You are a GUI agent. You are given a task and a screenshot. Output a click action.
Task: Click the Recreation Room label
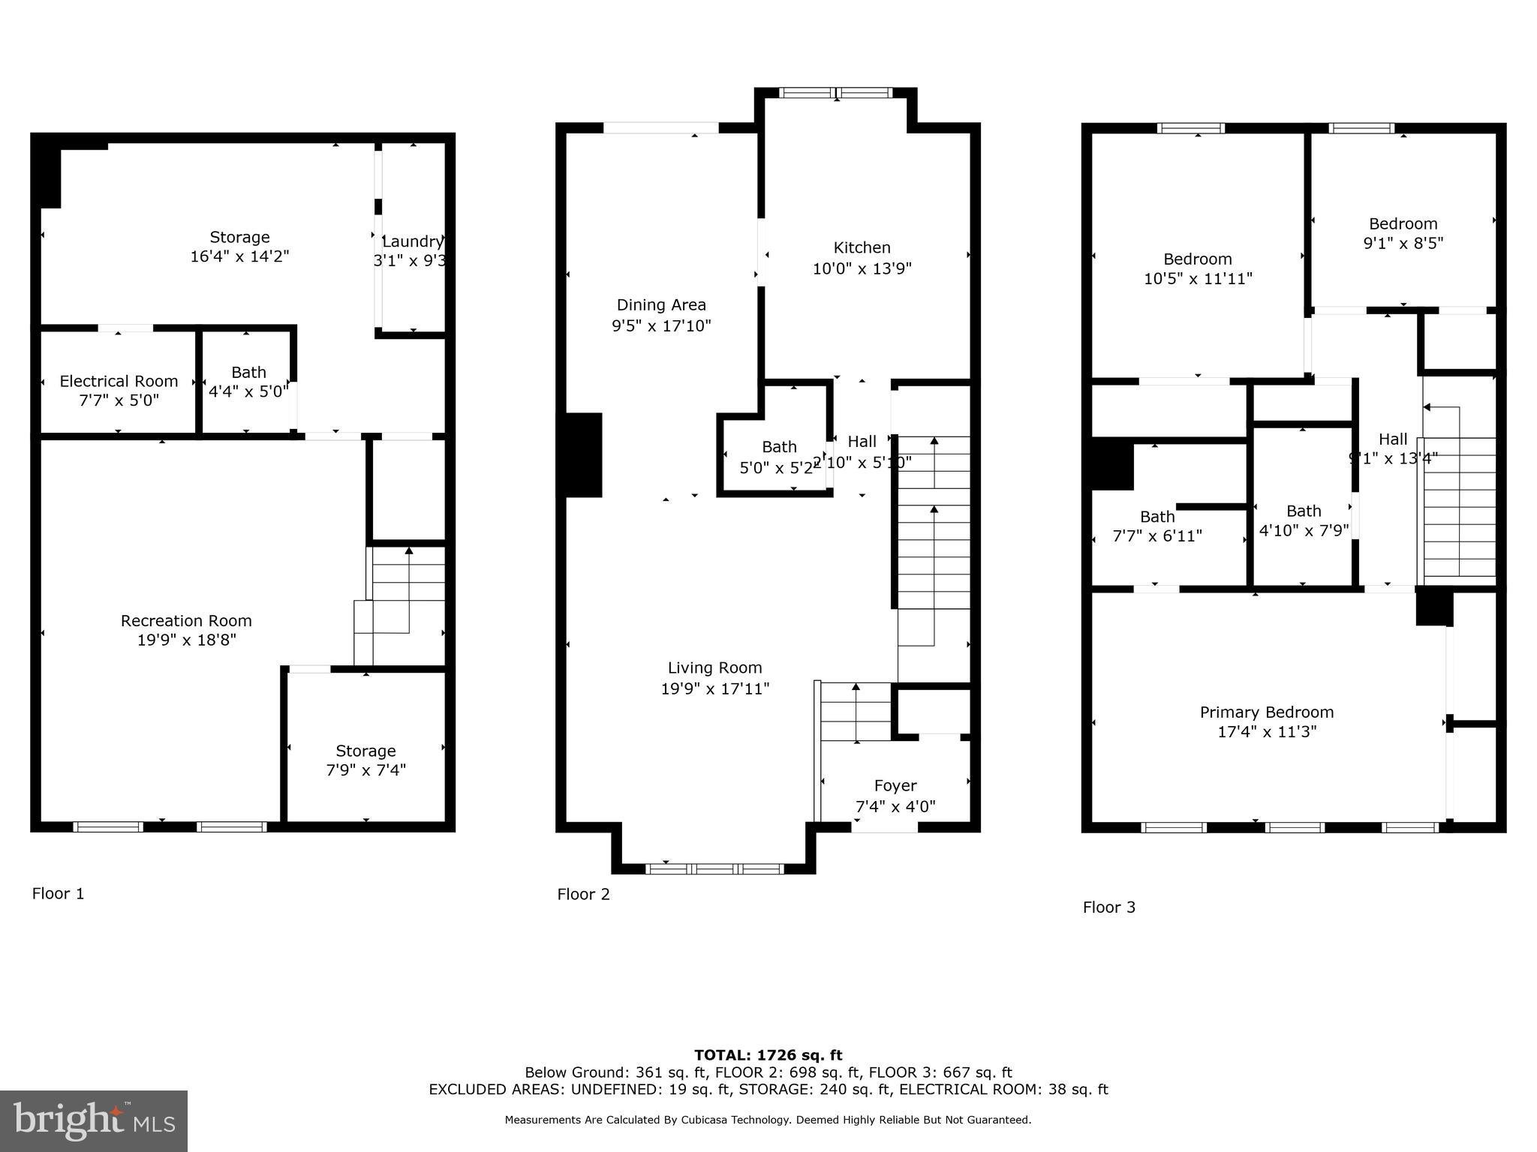point(186,620)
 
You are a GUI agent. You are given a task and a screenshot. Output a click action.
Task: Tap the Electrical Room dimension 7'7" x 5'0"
point(119,400)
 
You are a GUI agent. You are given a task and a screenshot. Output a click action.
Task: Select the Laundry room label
point(412,241)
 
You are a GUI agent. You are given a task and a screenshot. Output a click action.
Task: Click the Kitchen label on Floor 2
point(862,247)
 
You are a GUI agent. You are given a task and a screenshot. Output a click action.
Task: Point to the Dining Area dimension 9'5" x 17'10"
point(660,325)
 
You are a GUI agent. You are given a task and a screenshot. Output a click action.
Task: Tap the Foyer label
point(895,785)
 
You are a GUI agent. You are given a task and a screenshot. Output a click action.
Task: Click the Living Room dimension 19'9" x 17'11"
point(714,688)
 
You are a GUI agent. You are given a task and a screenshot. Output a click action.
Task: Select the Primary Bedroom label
point(1266,712)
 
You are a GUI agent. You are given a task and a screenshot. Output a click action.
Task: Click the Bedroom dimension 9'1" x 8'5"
point(1403,243)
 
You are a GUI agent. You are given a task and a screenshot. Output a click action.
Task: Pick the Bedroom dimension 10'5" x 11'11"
point(1197,279)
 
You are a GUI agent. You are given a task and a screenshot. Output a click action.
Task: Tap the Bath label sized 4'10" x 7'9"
point(1303,511)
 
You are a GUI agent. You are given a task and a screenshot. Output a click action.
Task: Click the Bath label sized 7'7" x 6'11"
point(1157,517)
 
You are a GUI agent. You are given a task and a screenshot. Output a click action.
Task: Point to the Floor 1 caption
point(58,893)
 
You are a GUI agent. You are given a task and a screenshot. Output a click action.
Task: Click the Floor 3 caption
point(1108,907)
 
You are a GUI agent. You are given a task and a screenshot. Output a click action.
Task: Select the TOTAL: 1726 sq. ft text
point(768,1055)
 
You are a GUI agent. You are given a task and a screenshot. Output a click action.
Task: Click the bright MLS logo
point(94,1120)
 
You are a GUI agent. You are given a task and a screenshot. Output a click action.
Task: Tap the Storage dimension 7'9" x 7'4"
point(365,770)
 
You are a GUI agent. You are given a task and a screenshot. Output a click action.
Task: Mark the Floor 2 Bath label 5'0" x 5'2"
point(779,447)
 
